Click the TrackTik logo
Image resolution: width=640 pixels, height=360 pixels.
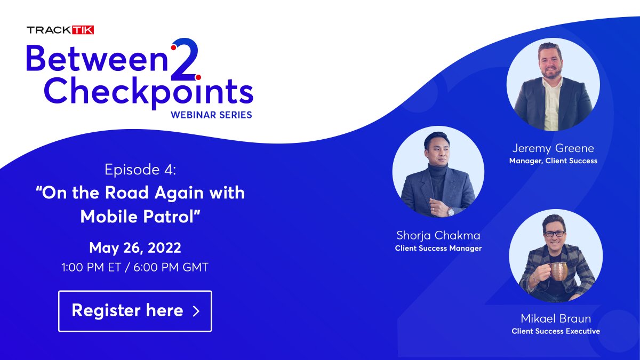point(60,30)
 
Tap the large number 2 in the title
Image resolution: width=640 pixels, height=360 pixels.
point(185,60)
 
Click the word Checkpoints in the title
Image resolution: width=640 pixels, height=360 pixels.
point(148,91)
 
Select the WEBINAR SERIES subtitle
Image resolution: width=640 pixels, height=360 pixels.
point(211,114)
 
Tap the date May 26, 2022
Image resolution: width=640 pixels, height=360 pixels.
point(135,247)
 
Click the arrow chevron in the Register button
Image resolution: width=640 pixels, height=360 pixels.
point(196,311)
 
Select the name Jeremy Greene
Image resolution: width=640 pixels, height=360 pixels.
point(553,148)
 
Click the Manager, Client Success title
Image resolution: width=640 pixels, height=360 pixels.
point(553,161)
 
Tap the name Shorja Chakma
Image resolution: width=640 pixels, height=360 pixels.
point(438,235)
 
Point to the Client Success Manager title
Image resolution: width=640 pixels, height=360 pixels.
point(438,248)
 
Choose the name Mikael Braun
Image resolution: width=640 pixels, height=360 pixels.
point(555,318)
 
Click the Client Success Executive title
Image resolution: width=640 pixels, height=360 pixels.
point(555,331)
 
